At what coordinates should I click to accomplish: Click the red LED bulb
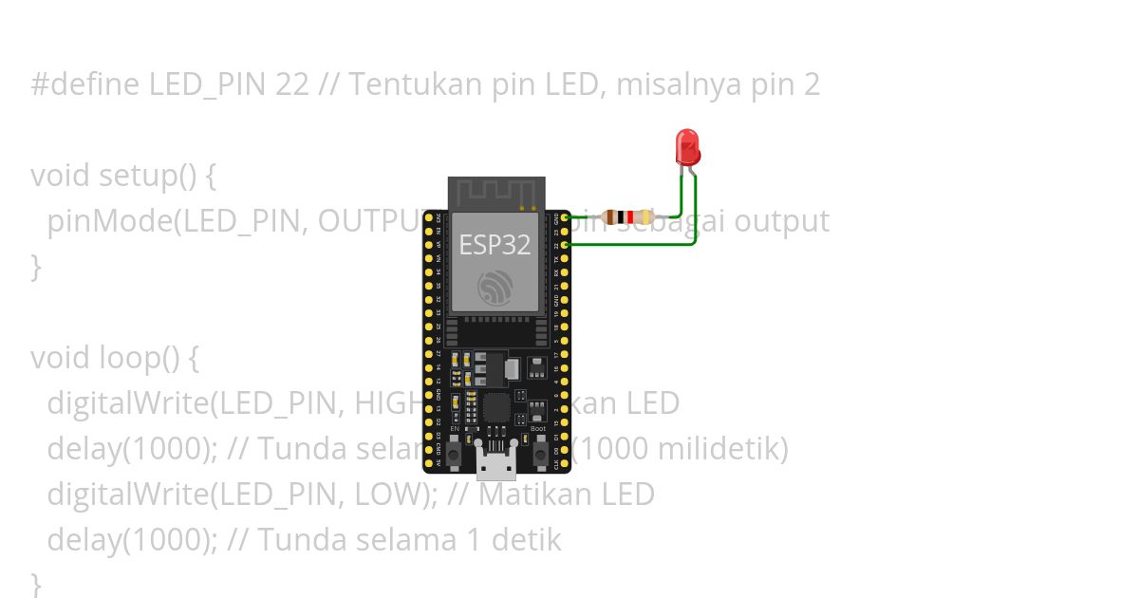point(687,147)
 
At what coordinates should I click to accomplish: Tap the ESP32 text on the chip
point(495,244)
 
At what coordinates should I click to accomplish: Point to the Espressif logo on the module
point(495,287)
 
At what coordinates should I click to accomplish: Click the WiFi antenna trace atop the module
point(495,193)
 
